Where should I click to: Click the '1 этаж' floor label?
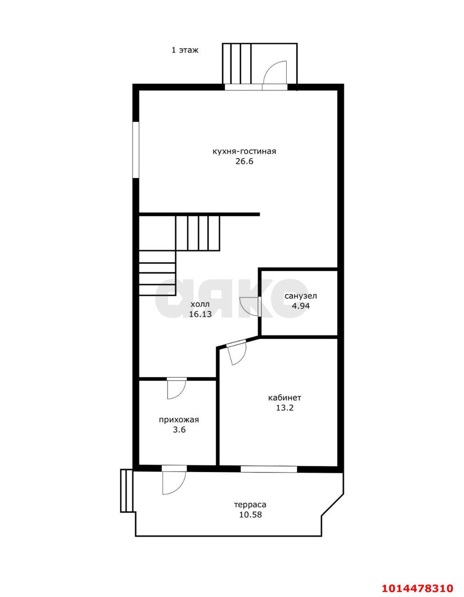click(185, 50)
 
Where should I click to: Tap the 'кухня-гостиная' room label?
click(244, 152)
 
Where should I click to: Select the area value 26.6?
click(244, 161)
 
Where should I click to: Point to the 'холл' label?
click(200, 304)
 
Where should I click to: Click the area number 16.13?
click(200, 314)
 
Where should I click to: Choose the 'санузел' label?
click(301, 296)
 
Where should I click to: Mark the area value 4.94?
click(301, 306)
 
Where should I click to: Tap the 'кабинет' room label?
click(285, 397)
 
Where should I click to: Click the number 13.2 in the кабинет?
click(285, 408)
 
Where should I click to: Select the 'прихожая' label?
click(179, 419)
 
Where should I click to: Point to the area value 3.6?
click(179, 430)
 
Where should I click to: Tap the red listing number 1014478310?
click(417, 586)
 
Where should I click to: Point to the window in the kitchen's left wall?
click(135, 150)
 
